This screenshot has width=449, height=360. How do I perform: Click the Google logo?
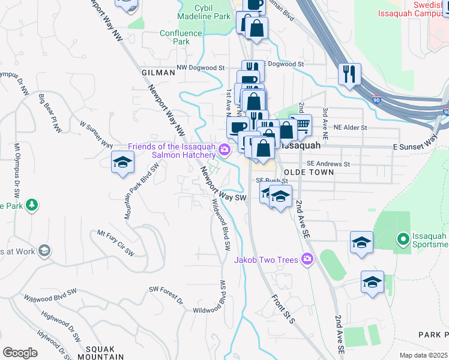(x=20, y=353)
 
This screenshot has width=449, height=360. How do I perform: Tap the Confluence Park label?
(x=175, y=37)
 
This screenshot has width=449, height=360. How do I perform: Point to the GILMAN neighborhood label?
(x=158, y=72)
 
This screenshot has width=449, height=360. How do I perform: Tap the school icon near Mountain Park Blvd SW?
(x=122, y=162)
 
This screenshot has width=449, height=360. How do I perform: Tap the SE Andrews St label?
(x=328, y=163)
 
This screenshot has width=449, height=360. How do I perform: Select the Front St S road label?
(x=281, y=308)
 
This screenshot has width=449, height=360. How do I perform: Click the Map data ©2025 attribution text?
(x=423, y=355)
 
